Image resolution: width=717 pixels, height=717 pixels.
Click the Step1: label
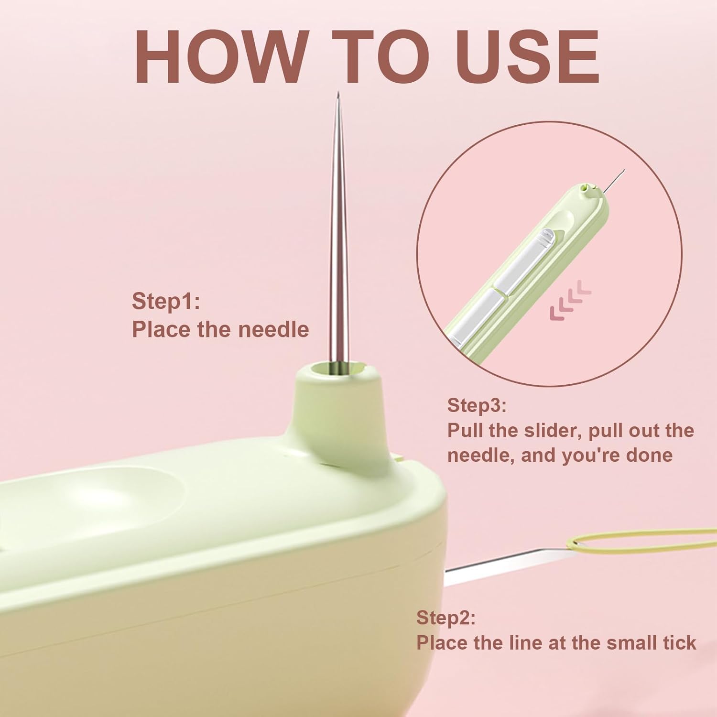(165, 302)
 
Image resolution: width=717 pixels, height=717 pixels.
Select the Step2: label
(445, 618)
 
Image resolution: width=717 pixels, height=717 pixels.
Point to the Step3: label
(477, 405)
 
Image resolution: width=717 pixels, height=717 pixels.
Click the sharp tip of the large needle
(338, 92)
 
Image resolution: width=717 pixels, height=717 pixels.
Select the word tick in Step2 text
(680, 643)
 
